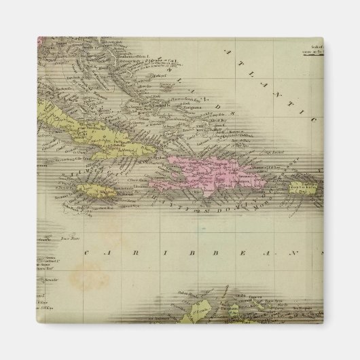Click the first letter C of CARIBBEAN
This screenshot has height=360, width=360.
88,252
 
